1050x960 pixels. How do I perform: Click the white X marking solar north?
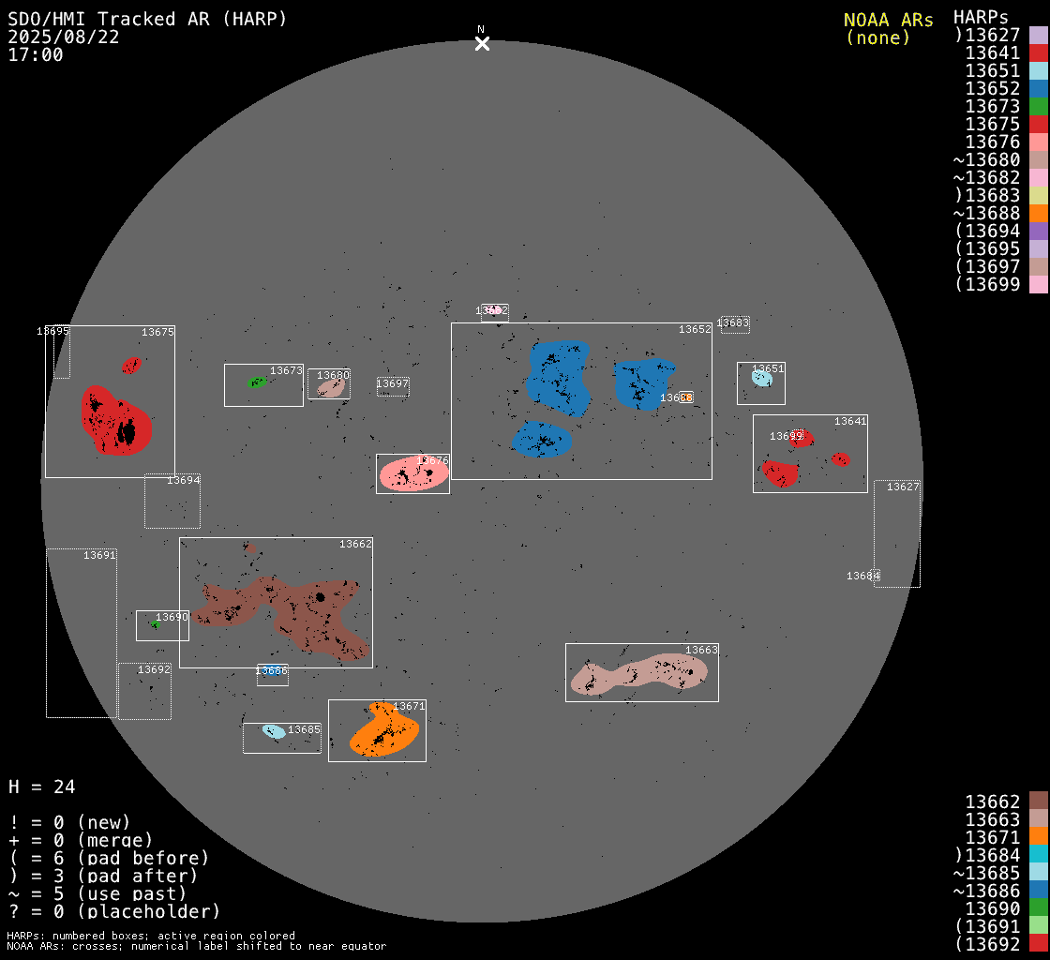click(x=482, y=44)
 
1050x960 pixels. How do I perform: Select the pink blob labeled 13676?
click(x=412, y=474)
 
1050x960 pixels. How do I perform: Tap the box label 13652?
click(x=695, y=330)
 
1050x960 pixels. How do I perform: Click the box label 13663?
click(x=701, y=650)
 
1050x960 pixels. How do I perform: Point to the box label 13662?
click(x=355, y=544)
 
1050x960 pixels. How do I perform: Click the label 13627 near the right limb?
click(x=903, y=487)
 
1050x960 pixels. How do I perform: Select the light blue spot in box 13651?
click(x=761, y=378)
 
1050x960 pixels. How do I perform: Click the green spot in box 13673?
click(x=256, y=382)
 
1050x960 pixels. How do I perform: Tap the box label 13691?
click(x=99, y=555)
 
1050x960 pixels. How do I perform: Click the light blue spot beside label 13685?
click(x=274, y=731)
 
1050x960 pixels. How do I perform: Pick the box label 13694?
click(x=184, y=480)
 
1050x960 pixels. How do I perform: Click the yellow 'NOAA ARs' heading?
click(x=888, y=20)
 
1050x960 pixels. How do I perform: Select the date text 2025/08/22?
click(x=63, y=37)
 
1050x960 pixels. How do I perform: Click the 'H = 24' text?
click(x=41, y=787)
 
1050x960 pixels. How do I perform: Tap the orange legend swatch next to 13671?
click(x=1038, y=837)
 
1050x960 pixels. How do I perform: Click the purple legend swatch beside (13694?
click(x=1038, y=232)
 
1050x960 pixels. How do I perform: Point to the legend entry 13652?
click(x=993, y=89)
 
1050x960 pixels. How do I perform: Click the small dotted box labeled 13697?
click(x=393, y=386)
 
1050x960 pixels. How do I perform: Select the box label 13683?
click(x=733, y=323)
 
